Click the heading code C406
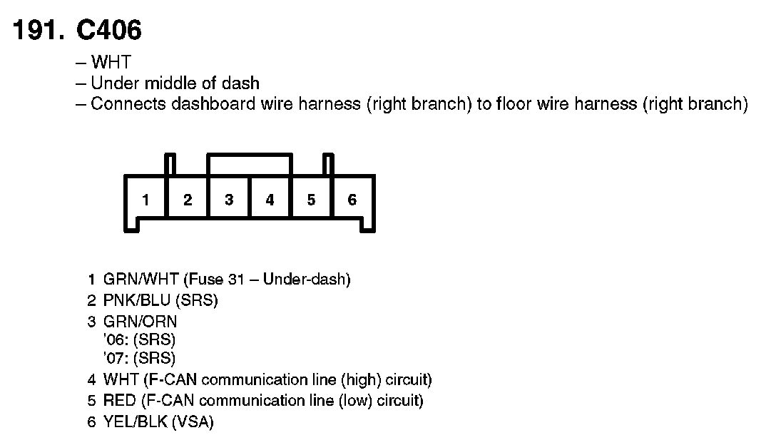point(109,30)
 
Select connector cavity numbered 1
point(145,200)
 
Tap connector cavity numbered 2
point(188,200)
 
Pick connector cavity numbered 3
point(229,200)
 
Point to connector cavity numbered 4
point(270,200)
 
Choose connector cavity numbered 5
point(311,200)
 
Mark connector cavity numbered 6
point(352,200)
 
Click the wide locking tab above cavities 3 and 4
point(250,155)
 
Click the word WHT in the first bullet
point(111,62)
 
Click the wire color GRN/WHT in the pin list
point(141,279)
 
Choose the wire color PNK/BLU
point(137,300)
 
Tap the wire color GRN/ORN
point(140,322)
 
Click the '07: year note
point(116,358)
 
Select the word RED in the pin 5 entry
point(119,401)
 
